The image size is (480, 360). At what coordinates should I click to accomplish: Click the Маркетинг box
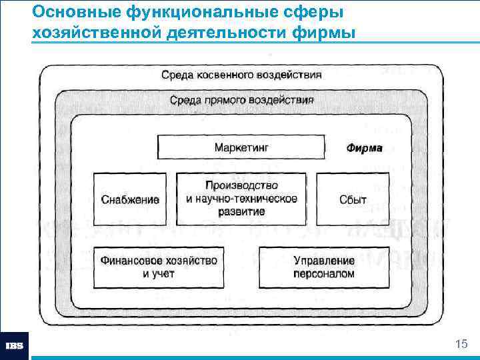pos(241,147)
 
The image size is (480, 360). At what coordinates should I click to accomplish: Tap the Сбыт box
pos(352,199)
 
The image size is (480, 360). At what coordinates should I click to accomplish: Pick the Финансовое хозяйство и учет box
pos(158,267)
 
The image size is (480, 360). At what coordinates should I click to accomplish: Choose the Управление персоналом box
pos(323,267)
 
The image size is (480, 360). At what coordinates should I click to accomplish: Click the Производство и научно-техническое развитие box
pos(241,198)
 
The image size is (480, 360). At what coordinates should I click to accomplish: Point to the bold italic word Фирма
pos(364,148)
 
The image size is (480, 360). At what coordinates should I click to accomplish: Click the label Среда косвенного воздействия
pos(241,75)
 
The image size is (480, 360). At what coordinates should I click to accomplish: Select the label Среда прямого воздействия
pos(241,100)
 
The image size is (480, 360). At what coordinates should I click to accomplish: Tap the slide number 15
pos(460,344)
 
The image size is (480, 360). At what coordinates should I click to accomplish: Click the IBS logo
pos(14,346)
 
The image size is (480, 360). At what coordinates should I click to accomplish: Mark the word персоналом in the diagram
pos(323,273)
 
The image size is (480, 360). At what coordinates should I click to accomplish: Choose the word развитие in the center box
pos(241,211)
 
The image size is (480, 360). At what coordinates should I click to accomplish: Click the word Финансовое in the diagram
pos(132,260)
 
